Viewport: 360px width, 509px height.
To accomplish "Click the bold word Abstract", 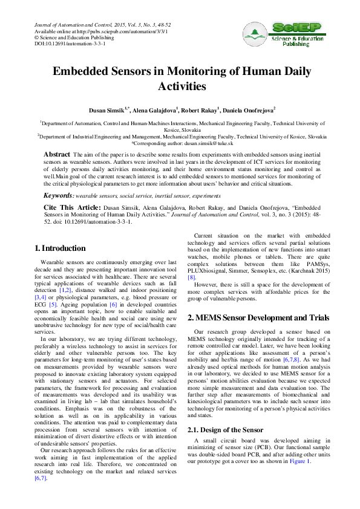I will (x=57, y=155).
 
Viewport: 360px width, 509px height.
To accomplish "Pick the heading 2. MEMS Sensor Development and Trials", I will (x=258, y=317).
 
